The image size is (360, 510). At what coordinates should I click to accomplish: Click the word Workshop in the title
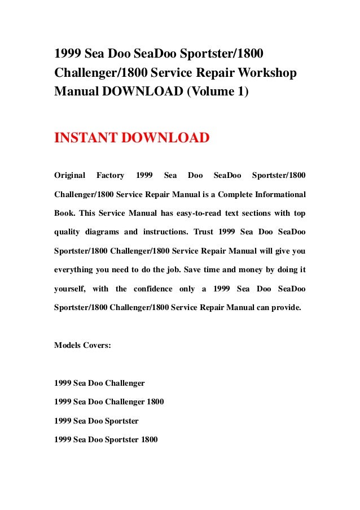267,74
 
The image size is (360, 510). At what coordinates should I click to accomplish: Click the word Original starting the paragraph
69,176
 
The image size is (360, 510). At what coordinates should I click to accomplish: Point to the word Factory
111,176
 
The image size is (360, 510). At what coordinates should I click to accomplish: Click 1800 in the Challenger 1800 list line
155,402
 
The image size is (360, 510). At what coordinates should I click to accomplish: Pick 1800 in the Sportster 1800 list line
148,439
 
